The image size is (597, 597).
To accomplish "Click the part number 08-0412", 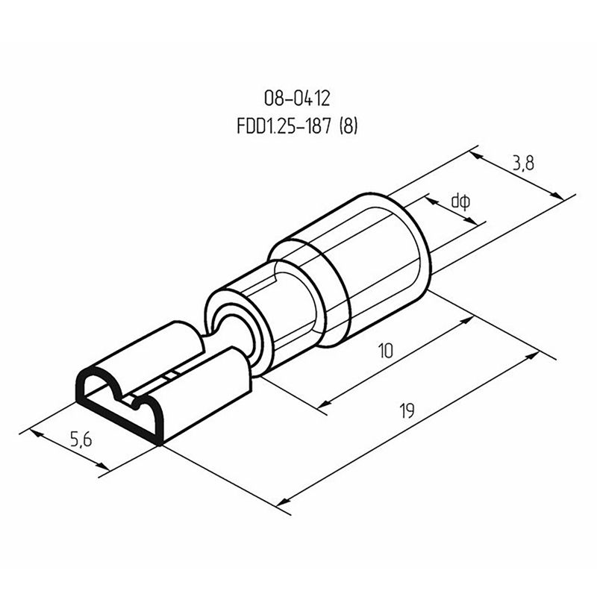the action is tap(297, 99).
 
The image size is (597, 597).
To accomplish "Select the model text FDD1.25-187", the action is tap(284, 126).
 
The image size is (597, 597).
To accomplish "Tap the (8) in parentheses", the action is tap(348, 126).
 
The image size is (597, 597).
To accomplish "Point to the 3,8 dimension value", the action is tap(524, 163).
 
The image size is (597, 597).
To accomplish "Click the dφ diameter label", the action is tap(460, 201).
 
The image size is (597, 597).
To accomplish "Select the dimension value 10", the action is tap(386, 351).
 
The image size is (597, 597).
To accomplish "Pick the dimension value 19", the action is tap(407, 411).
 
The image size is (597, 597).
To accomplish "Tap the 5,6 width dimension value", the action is tap(81, 440).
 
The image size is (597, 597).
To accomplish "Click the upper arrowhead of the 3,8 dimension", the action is tap(477, 156).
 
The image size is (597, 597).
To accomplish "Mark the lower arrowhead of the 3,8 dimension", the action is tap(557, 196).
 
